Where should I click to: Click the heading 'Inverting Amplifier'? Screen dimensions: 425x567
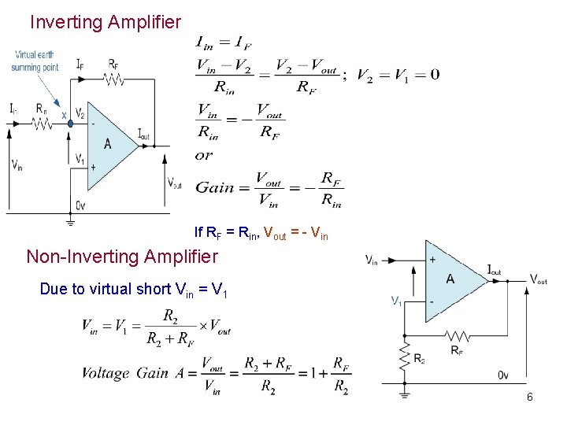pyautogui.click(x=105, y=22)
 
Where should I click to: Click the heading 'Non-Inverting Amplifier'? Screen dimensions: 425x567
pyautogui.click(x=122, y=257)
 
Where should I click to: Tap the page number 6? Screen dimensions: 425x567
pyautogui.click(x=530, y=397)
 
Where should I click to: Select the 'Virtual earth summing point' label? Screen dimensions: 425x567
pyautogui.click(x=35, y=61)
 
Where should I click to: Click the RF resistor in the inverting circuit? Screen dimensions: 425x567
pyautogui.click(x=114, y=79)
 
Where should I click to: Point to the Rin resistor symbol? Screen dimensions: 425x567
pyautogui.click(x=42, y=122)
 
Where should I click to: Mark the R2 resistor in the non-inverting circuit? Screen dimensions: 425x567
pyautogui.click(x=405, y=357)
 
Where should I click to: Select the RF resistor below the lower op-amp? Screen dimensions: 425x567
pyautogui.click(x=456, y=338)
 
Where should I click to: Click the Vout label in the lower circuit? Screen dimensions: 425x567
pyautogui.click(x=539, y=279)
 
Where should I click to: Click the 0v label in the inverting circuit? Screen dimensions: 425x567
pyautogui.click(x=81, y=205)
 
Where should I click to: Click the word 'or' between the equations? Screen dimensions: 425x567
pyautogui.click(x=204, y=156)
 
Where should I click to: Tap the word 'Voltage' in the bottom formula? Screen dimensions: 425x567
pyautogui.click(x=106, y=372)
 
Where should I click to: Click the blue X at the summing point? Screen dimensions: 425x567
pyautogui.click(x=64, y=115)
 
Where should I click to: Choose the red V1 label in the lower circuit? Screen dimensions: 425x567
pyautogui.click(x=397, y=300)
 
